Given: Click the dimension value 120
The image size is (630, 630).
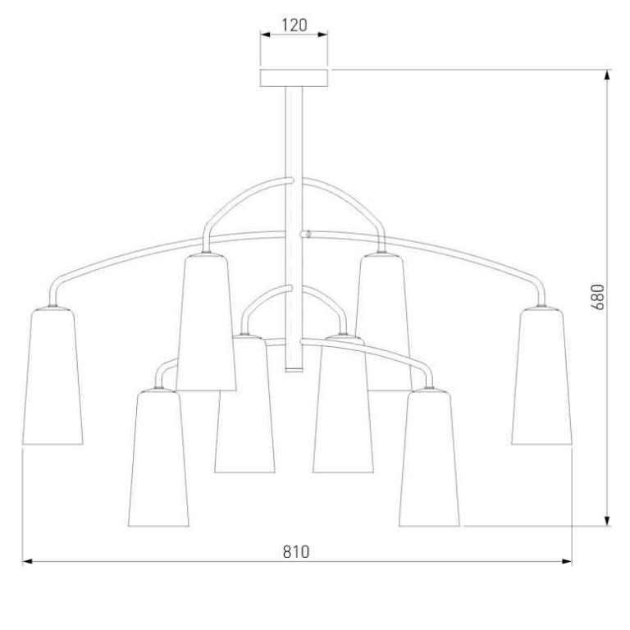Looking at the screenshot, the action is tap(294, 25).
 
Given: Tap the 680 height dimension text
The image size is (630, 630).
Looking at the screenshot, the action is tap(598, 296).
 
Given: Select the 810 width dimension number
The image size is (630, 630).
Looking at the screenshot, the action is tap(296, 551).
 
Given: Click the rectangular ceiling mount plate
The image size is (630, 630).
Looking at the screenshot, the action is tap(294, 78).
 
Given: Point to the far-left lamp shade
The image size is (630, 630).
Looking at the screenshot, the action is tap(52, 377).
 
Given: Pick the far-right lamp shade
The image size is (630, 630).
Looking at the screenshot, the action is tap(541, 377).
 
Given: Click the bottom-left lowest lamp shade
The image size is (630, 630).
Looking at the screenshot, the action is tap(158, 458).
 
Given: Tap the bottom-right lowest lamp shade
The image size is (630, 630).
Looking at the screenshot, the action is tap(429, 458).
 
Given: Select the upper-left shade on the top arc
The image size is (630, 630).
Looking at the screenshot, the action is tap(206, 322).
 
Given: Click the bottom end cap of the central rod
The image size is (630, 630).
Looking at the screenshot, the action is tap(294, 369).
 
